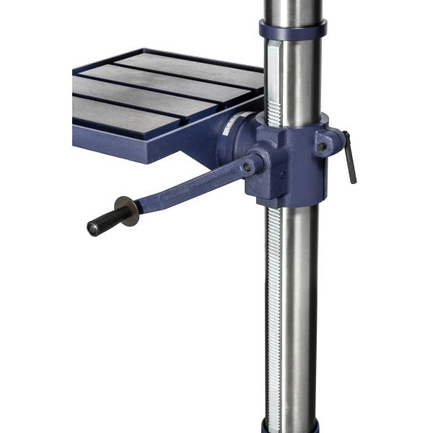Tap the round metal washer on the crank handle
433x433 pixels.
[129, 211]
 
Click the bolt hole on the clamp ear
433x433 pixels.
[322, 146]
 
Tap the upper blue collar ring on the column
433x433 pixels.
[292, 31]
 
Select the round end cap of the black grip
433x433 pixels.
[92, 228]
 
